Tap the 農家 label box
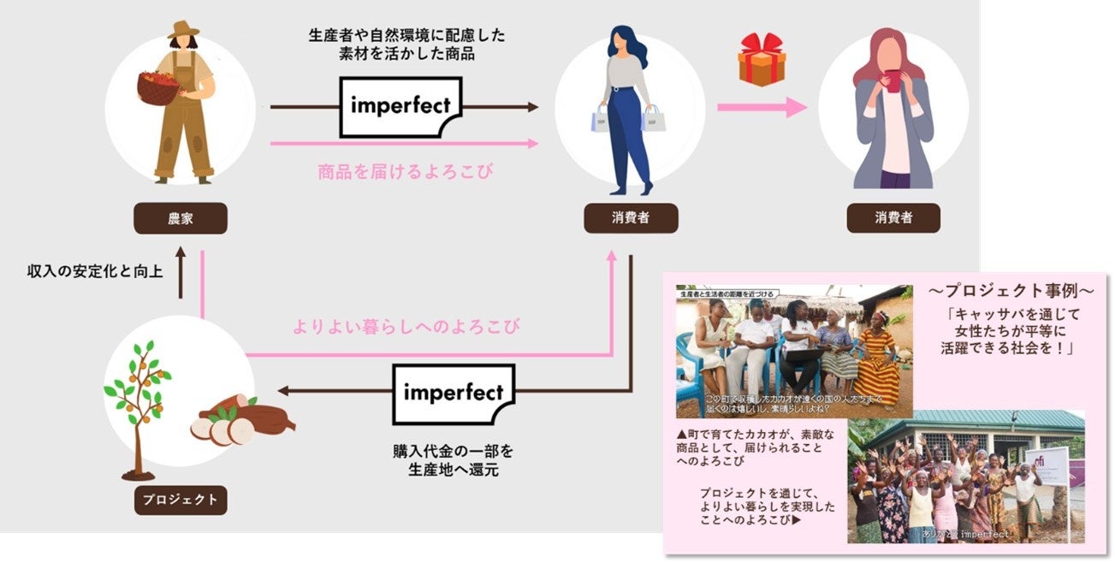(180, 218)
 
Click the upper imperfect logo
(400, 107)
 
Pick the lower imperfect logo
(454, 394)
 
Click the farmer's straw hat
(183, 31)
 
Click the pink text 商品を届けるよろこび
(406, 171)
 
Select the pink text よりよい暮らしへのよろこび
(406, 326)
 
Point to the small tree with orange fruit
(137, 402)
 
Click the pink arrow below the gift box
(761, 107)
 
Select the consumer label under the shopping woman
(631, 218)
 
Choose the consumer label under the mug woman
(893, 218)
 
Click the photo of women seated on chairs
(793, 351)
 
